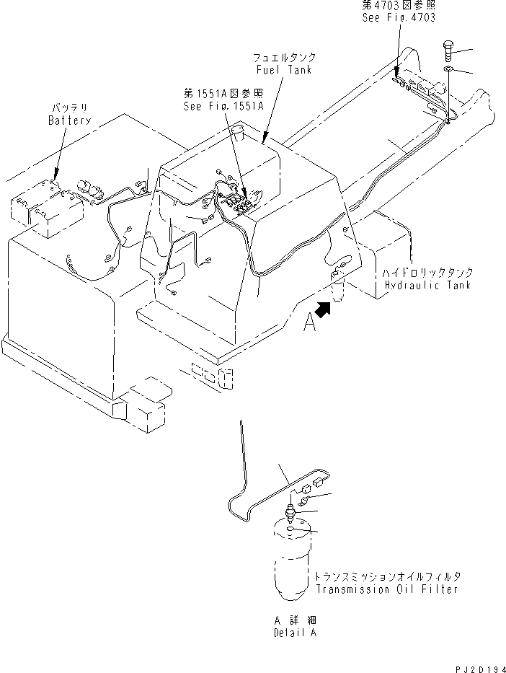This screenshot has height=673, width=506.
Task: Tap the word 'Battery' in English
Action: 69,120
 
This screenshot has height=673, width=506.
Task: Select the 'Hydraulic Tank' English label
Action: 428,285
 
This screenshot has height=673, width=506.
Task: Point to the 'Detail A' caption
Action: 294,633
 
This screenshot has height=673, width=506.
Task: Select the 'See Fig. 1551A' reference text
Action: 223,105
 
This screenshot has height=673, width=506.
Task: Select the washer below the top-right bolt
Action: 448,69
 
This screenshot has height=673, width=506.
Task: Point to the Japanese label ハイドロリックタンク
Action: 428,273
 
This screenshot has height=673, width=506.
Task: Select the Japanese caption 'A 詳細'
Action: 294,620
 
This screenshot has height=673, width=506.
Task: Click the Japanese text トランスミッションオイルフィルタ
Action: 386,577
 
